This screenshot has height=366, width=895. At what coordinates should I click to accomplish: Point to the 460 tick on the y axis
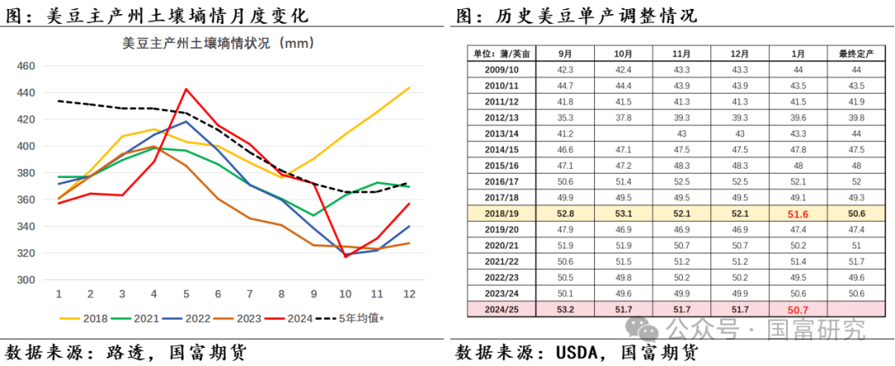tap(26, 66)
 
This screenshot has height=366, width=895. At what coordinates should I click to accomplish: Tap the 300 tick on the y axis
tap(26, 280)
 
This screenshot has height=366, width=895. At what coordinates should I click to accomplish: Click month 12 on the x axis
tap(409, 294)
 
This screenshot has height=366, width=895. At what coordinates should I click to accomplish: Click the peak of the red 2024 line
tap(186, 89)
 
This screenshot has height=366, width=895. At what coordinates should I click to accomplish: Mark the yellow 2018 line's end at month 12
tap(409, 87)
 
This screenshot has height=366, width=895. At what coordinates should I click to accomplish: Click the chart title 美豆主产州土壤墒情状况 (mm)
tap(217, 43)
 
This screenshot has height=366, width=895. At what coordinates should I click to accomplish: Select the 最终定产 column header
tap(856, 54)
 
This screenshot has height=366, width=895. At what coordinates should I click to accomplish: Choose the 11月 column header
tap(681, 54)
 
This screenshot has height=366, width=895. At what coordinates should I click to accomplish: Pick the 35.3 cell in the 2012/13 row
tap(565, 117)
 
